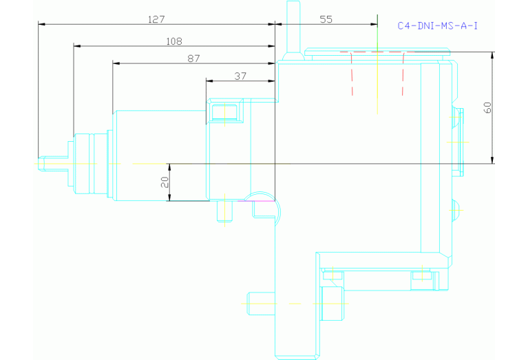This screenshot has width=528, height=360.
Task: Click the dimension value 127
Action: click(x=156, y=19)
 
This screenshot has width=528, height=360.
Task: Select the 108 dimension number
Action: click(x=174, y=41)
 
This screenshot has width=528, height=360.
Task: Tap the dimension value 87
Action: click(x=193, y=59)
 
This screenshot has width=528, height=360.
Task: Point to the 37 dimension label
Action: click(x=240, y=76)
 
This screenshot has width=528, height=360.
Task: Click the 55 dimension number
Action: click(x=326, y=19)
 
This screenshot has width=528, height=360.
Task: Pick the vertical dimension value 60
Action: click(x=487, y=107)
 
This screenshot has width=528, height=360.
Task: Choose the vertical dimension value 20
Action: click(x=164, y=182)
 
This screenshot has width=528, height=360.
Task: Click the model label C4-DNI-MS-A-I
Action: click(x=437, y=26)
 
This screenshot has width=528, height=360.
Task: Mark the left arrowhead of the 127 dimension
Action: click(x=41, y=24)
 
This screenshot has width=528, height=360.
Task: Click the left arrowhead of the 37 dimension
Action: click(x=209, y=81)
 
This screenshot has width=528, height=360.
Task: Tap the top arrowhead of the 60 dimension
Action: click(x=493, y=55)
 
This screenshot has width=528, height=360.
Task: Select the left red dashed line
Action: click(x=351, y=73)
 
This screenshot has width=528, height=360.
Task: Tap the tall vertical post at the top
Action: click(x=293, y=28)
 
